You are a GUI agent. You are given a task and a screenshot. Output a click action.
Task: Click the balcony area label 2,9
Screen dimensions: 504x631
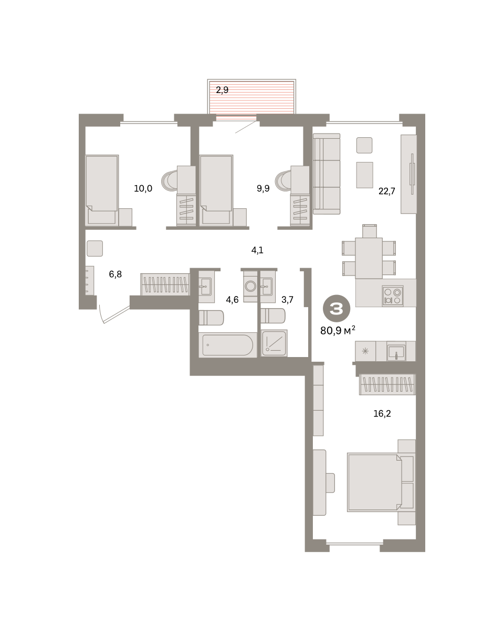pyautogui.click(x=222, y=90)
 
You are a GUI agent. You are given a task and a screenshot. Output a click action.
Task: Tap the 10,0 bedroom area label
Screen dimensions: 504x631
pyautogui.click(x=143, y=188)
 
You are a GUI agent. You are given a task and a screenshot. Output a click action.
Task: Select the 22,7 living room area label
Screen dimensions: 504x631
pyautogui.click(x=386, y=191)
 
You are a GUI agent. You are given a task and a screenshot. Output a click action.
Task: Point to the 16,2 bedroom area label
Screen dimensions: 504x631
pyautogui.click(x=382, y=413)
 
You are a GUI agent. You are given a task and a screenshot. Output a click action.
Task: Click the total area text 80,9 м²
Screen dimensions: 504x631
pyautogui.click(x=338, y=330)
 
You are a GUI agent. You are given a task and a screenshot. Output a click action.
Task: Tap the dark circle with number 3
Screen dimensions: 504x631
pyautogui.click(x=337, y=308)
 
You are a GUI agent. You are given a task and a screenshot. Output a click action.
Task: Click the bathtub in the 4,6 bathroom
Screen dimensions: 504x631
pyautogui.click(x=227, y=345)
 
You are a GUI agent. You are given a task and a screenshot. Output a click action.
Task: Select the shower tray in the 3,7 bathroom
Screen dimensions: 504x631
pyautogui.click(x=274, y=343)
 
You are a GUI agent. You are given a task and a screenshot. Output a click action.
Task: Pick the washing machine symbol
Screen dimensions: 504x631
pyautogui.click(x=250, y=286)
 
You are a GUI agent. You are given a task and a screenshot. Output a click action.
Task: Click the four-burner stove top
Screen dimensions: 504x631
pyautogui.click(x=392, y=296)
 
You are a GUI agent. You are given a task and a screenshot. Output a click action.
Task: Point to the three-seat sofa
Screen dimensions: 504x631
pyautogui.click(x=327, y=174)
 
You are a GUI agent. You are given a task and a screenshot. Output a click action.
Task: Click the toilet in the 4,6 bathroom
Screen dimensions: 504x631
pyautogui.click(x=211, y=318)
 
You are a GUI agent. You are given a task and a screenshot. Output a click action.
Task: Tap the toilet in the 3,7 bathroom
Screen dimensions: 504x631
pyautogui.click(x=273, y=316)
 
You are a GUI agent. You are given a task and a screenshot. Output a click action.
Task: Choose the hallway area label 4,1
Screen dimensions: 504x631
pyautogui.click(x=257, y=250)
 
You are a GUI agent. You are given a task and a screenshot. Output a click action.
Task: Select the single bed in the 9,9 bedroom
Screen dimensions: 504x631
pyautogui.click(x=216, y=190)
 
